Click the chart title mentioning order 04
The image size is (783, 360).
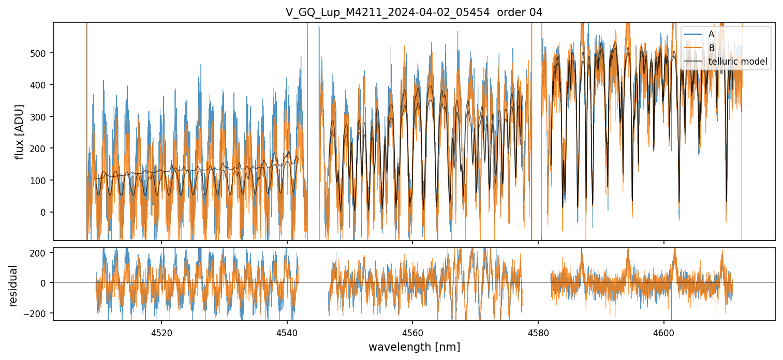413,12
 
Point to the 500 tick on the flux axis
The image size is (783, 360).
39,53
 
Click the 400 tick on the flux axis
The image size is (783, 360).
39,85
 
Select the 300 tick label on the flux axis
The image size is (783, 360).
39,117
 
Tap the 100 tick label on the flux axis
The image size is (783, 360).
39,181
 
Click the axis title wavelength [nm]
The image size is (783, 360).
414,347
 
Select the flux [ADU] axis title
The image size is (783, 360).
20,131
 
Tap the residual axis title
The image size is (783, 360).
14,285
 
